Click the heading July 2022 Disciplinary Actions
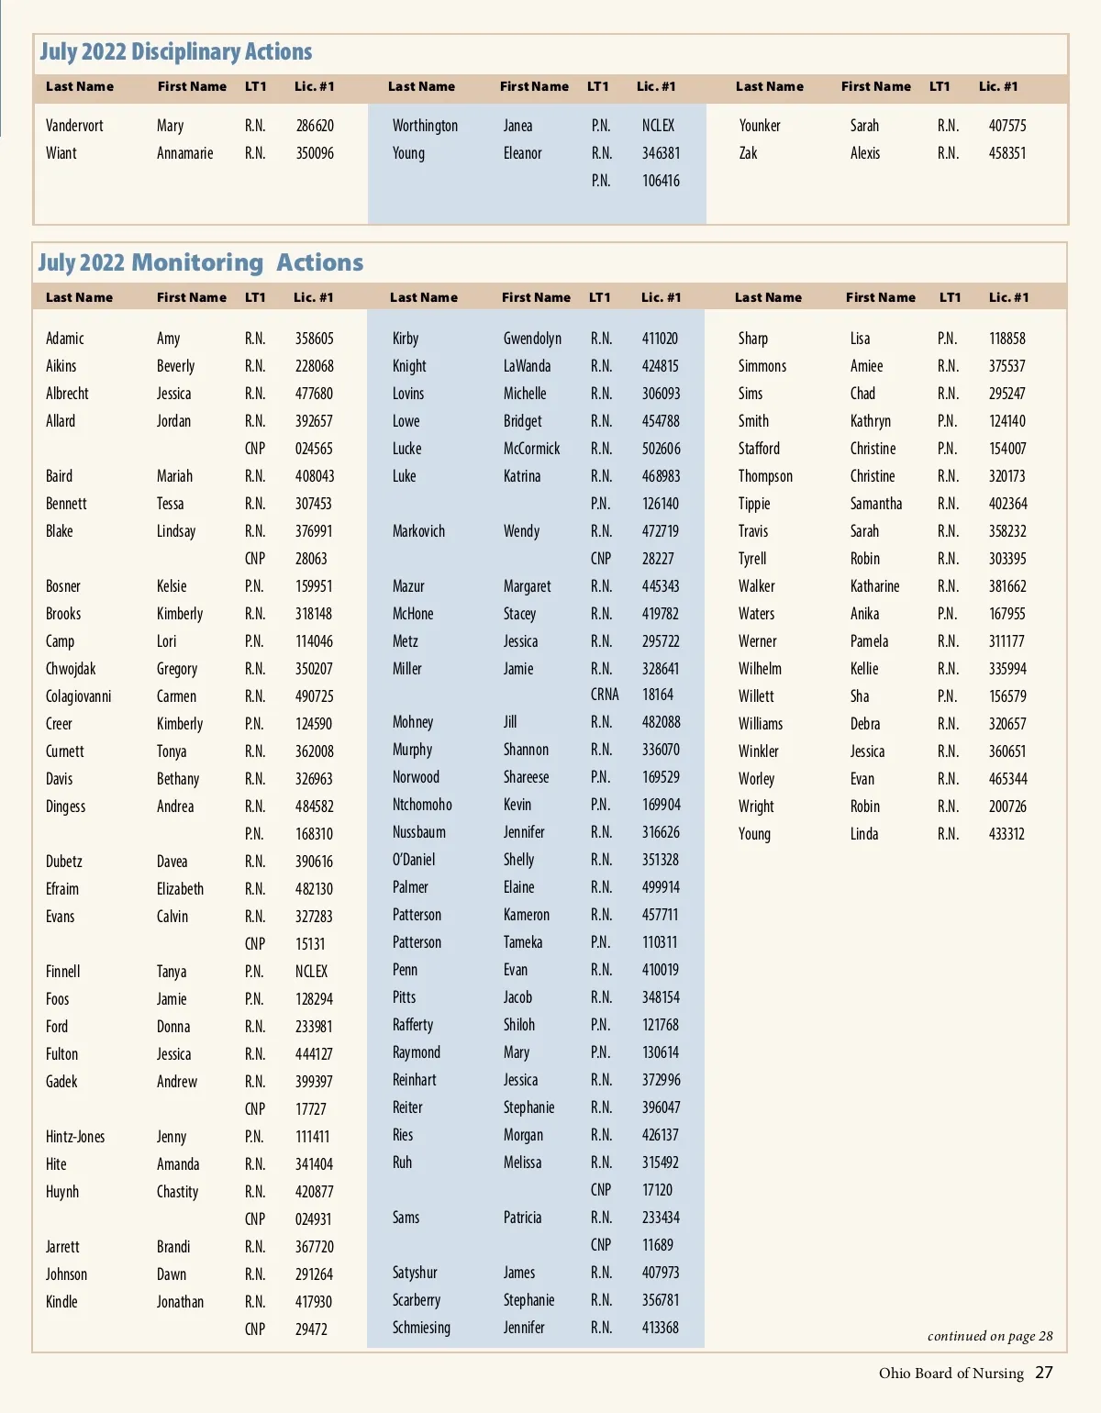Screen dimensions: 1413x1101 tap(175, 52)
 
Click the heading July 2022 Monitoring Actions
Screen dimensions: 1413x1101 tap(200, 263)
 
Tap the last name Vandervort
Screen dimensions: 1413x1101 tap(74, 126)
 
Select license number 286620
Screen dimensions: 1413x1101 tap(315, 126)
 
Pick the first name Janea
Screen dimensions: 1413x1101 tap(517, 126)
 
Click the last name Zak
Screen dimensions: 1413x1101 tap(748, 153)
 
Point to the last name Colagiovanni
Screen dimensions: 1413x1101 tap(79, 696)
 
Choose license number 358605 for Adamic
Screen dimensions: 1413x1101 tap(314, 339)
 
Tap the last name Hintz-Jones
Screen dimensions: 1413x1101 tap(75, 1137)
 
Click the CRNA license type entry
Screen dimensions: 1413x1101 tap(605, 695)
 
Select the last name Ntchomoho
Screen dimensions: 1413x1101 tap(422, 805)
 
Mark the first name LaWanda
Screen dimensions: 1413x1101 tap(527, 366)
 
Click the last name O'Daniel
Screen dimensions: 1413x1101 tap(414, 860)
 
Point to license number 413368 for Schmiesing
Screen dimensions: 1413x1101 tap(660, 1328)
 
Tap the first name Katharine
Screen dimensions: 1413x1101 tap(874, 586)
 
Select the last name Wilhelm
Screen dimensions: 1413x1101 tap(760, 669)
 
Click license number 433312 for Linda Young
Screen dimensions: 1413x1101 tap(1006, 834)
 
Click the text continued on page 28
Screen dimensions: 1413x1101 tap(989, 1336)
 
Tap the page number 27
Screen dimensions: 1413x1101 tap(1044, 1373)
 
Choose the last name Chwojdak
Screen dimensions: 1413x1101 tap(71, 669)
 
